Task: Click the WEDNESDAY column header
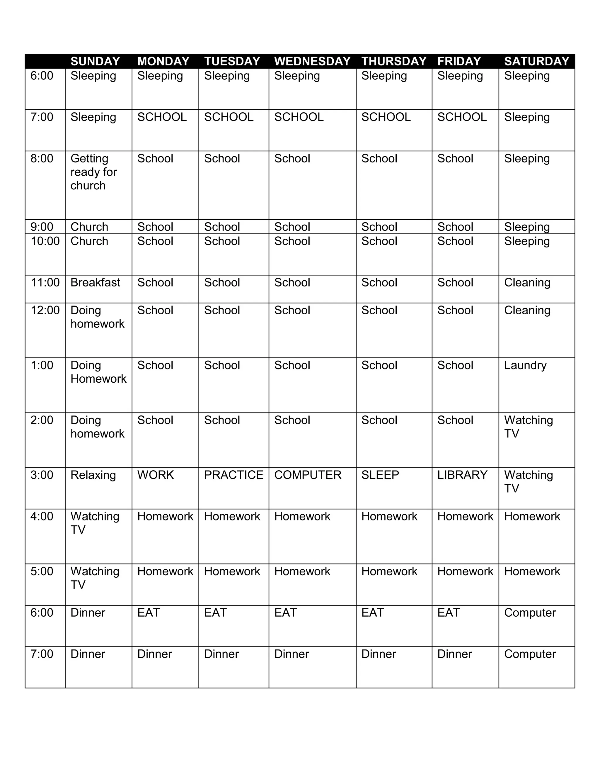[x=312, y=61]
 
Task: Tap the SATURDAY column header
[x=536, y=61]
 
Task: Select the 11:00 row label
[x=45, y=282]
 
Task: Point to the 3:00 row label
[x=42, y=475]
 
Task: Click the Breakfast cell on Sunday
[x=95, y=282]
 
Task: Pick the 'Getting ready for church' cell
[x=94, y=172]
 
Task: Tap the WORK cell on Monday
[x=156, y=475]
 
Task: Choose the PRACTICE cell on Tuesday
[x=233, y=475]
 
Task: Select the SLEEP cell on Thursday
[x=380, y=475]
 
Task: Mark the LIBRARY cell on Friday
[x=462, y=475]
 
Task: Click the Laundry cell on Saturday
[x=525, y=365]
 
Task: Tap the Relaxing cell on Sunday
[x=93, y=475]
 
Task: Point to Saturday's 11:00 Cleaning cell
[x=527, y=282]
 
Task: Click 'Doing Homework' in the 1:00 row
[x=98, y=372]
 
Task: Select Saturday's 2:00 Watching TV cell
[x=528, y=427]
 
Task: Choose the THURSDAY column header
[x=393, y=61]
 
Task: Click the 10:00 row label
[x=45, y=241]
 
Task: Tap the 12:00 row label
[x=45, y=310]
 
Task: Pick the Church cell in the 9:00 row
[x=89, y=227]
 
